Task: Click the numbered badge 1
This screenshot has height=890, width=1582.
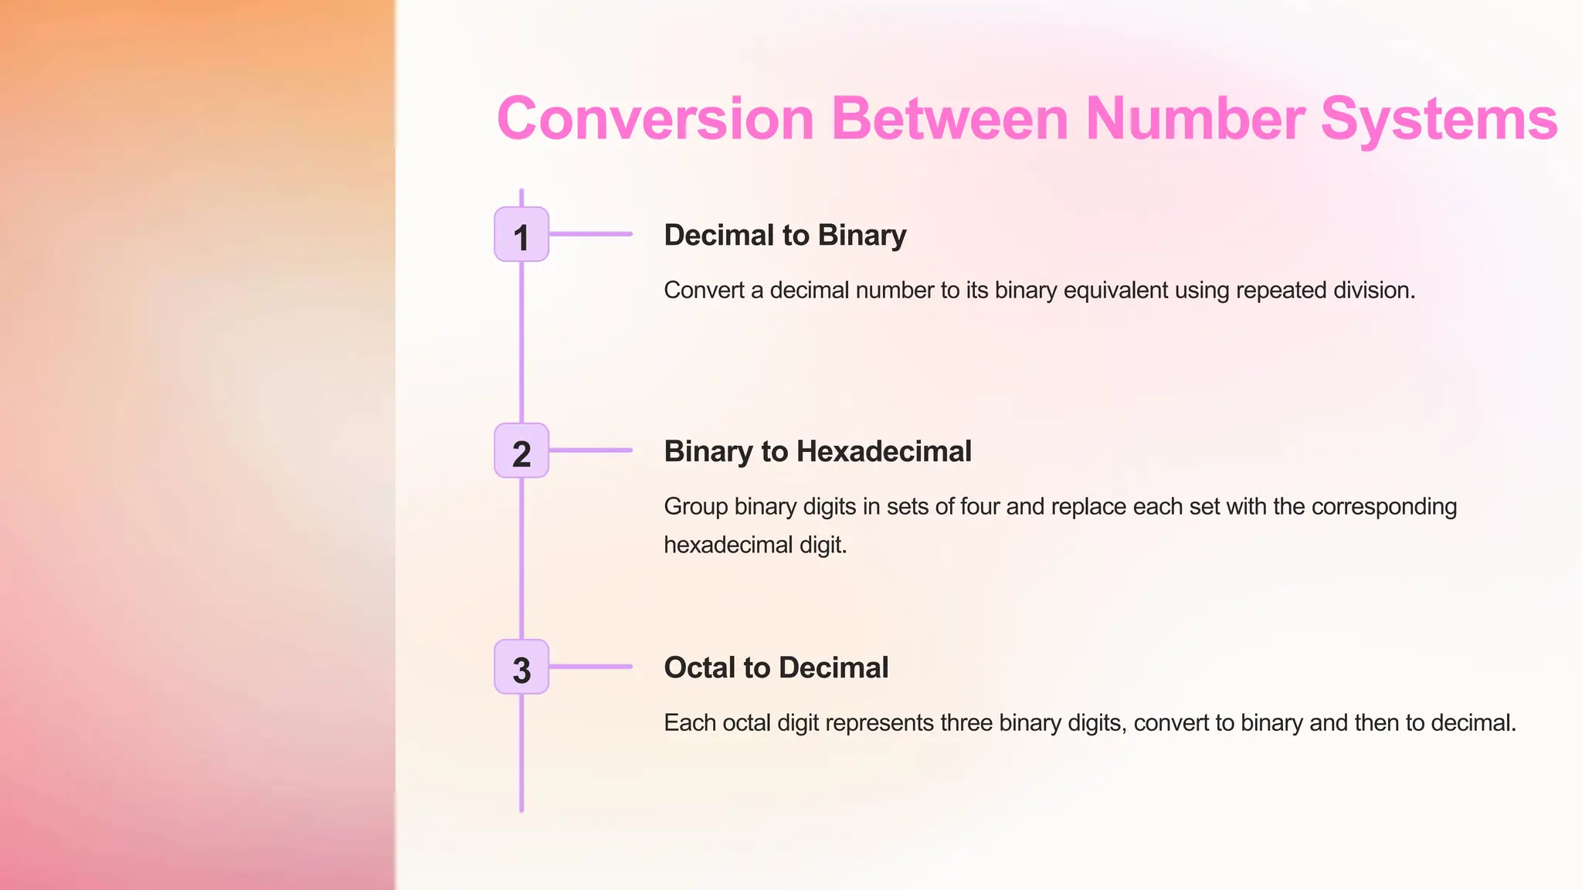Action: tap(521, 234)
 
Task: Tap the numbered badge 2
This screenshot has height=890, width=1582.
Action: tap(521, 450)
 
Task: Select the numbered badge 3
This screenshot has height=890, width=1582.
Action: tap(521, 667)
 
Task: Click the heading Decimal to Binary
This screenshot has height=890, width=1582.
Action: tap(785, 235)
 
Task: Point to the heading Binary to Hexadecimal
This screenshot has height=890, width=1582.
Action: tap(817, 451)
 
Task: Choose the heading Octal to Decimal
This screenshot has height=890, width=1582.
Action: tap(776, 667)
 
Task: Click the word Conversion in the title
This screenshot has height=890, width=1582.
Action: tap(656, 119)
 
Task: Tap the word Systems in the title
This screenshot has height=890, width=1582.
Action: tap(1438, 119)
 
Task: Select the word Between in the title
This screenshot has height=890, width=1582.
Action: tap(949, 119)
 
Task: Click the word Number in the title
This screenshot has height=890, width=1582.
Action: tap(1195, 119)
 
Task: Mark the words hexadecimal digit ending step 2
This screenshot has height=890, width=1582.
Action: tap(755, 545)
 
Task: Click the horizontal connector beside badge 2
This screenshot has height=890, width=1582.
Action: tap(591, 450)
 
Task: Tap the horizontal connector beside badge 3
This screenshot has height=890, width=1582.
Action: tap(591, 666)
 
